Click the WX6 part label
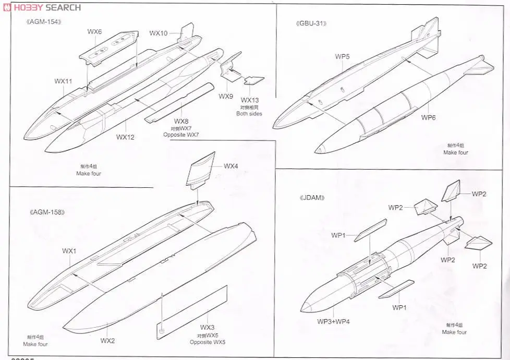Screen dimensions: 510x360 tap(94, 32)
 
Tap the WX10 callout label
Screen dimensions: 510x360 tap(158, 33)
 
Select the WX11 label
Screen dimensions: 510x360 tap(63, 81)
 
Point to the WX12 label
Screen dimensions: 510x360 tap(125, 137)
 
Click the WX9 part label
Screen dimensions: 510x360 tap(226, 97)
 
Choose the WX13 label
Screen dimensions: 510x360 tap(249, 100)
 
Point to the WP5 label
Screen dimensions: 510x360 tap(342, 56)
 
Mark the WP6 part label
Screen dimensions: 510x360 tap(429, 117)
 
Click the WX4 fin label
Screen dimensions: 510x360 tap(231, 166)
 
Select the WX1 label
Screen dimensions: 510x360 tap(69, 251)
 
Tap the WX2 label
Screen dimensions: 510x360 tap(107, 341)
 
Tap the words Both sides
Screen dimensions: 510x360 tap(249, 114)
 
